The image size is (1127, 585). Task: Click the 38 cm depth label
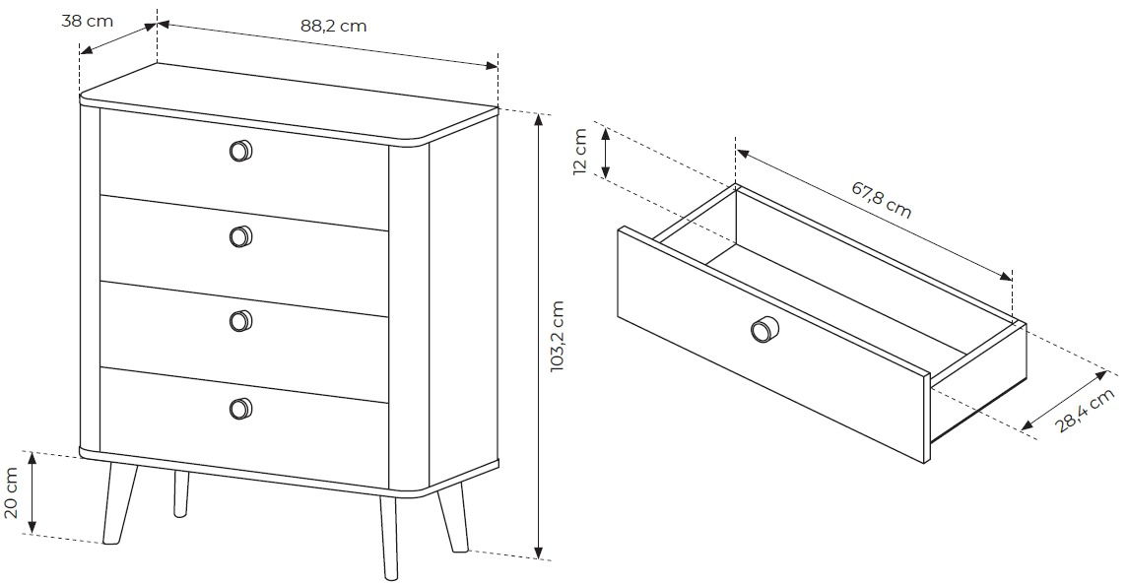87,21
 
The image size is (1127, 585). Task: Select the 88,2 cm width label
334,26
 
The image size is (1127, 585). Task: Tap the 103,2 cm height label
558,336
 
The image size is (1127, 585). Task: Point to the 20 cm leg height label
12,493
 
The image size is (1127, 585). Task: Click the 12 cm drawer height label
581,151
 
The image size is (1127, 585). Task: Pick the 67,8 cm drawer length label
881,200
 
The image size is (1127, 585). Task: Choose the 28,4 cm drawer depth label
1086,410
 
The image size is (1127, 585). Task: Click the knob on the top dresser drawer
240,151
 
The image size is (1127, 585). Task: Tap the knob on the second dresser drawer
240,236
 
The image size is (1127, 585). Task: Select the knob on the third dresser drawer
240,320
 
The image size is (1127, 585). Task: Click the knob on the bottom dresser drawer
240,408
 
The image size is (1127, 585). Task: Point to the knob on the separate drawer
762,330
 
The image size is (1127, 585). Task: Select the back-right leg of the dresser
453,517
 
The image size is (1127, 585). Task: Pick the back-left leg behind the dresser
182,493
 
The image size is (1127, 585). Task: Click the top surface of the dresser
289,101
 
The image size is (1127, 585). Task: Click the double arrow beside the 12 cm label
605,153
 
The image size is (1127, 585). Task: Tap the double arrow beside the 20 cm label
31,493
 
